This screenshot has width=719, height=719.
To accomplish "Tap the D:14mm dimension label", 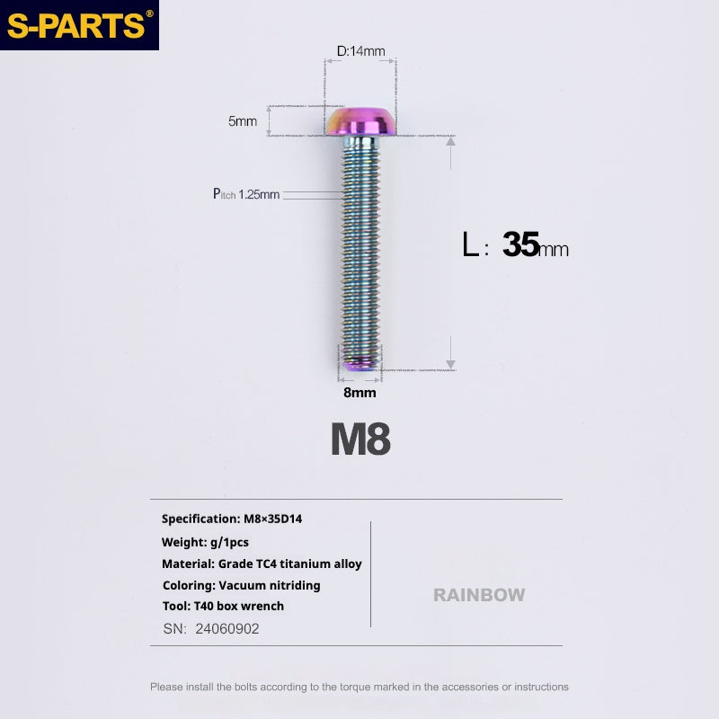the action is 361,51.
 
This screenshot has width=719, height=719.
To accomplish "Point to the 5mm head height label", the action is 243,121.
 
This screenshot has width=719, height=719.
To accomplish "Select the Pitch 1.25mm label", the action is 246,194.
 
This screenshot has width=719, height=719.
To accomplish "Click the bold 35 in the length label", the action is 521,244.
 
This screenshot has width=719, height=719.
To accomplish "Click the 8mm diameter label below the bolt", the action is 360,393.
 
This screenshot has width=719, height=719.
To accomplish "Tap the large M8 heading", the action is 361,439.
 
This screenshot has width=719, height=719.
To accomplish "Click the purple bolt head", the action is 360,121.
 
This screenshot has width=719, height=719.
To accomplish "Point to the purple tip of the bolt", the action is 360,364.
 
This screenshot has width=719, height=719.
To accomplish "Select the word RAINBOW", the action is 479,595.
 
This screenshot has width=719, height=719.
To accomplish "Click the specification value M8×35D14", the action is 273,519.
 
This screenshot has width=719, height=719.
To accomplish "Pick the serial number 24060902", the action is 227,628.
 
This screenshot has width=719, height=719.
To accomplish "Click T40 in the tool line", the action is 204,606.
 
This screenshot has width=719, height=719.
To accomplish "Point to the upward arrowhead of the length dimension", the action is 451,142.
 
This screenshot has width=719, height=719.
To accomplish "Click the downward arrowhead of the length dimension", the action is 451,365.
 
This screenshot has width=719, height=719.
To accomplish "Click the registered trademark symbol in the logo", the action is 149,13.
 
